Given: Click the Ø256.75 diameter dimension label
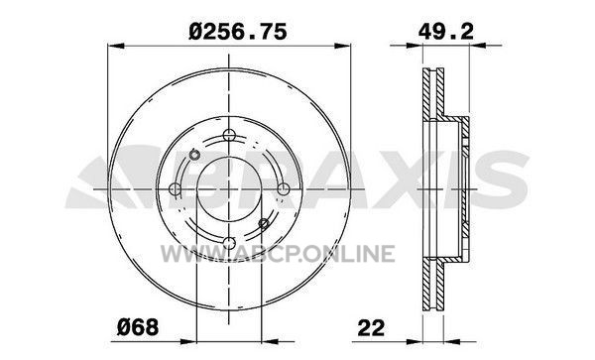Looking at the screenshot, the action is [x=238, y=32].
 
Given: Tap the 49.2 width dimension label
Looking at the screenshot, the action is [x=446, y=32].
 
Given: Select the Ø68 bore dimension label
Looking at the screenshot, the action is [x=138, y=327].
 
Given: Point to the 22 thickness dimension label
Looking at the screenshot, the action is [x=371, y=327].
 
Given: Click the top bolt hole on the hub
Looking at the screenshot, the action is [x=229, y=135].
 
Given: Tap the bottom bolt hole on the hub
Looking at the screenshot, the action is [x=229, y=243].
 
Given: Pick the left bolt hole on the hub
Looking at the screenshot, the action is [x=175, y=188].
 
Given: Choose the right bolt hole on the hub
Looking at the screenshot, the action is [x=283, y=188].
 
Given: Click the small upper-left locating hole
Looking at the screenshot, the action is [x=194, y=155].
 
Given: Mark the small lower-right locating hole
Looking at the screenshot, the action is [x=264, y=223].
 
